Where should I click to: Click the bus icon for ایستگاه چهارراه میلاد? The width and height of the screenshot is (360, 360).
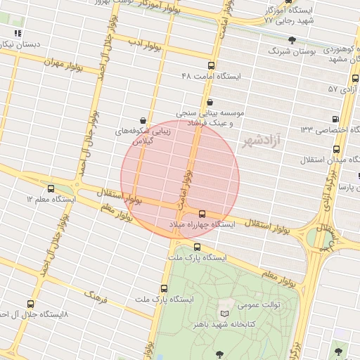pyautogui.click(x=202, y=213)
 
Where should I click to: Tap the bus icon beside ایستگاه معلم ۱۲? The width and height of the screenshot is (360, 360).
pyautogui.click(x=51, y=188)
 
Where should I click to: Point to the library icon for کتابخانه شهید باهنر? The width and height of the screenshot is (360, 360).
pyautogui.click(x=224, y=313)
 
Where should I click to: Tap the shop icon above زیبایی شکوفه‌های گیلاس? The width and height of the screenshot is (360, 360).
pyautogui.click(x=143, y=120)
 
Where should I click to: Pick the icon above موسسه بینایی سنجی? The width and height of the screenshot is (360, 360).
pyautogui.click(x=210, y=102)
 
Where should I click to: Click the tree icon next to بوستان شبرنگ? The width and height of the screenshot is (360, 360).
pyautogui.click(x=292, y=39)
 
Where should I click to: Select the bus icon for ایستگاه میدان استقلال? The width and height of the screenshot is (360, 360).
pyautogui.click(x=337, y=149)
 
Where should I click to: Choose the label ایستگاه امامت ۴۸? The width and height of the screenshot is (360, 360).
pyautogui.click(x=211, y=75)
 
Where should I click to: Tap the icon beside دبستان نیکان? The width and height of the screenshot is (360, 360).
pyautogui.click(x=18, y=32)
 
